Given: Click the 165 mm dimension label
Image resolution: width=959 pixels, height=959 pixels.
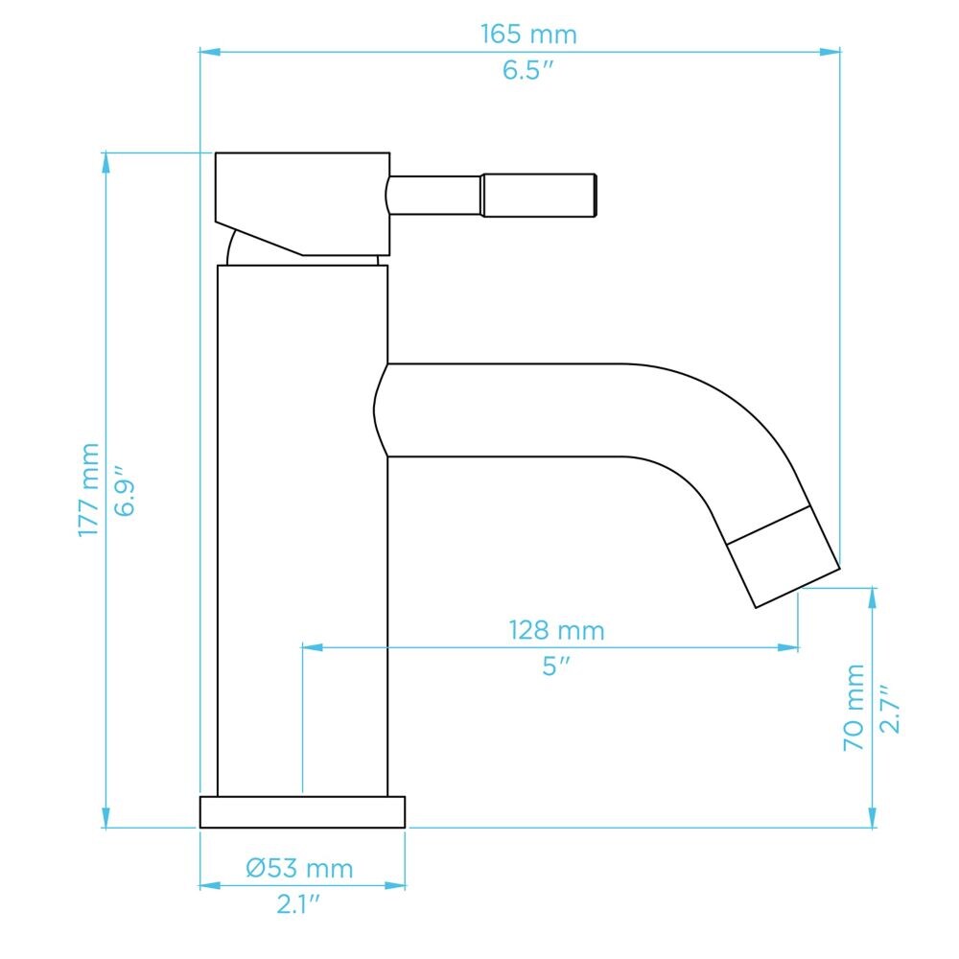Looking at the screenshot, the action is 528,35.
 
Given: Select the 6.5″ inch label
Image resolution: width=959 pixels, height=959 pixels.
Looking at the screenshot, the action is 527,70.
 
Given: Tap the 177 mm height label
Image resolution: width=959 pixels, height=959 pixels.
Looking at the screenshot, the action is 89,490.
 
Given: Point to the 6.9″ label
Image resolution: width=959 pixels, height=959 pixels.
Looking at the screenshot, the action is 124,491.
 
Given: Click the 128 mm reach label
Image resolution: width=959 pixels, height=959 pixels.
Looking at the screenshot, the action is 556,631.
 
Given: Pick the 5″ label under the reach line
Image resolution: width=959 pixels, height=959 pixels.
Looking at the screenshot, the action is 556,667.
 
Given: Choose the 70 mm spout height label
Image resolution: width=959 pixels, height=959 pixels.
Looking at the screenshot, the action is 854,708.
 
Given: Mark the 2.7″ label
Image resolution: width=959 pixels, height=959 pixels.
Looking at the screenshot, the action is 889,709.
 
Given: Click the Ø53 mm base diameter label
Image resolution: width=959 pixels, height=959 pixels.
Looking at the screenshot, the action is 299,869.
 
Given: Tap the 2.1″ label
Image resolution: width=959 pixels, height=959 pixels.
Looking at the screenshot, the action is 298,904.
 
